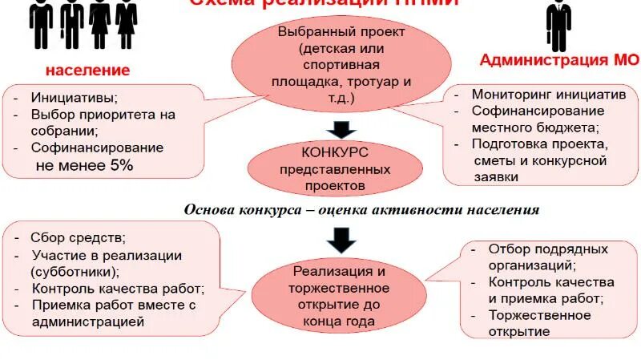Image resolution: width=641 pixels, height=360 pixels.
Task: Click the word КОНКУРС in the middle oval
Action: pos(335,152)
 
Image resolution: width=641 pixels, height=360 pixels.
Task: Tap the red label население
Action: pos(87,71)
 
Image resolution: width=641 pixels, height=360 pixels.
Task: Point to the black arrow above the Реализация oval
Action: pos(341,237)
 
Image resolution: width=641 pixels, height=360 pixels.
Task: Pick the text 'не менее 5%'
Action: pos(83,165)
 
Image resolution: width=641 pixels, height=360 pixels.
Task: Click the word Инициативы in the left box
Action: pos(74,98)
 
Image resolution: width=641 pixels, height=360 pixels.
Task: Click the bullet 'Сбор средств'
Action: pos(78,237)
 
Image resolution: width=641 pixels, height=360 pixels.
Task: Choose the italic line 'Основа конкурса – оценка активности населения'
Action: pos(361,209)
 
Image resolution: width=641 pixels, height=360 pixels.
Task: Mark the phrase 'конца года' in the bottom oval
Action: pos(340,322)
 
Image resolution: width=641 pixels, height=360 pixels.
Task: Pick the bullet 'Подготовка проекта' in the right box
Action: pos(540,144)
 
